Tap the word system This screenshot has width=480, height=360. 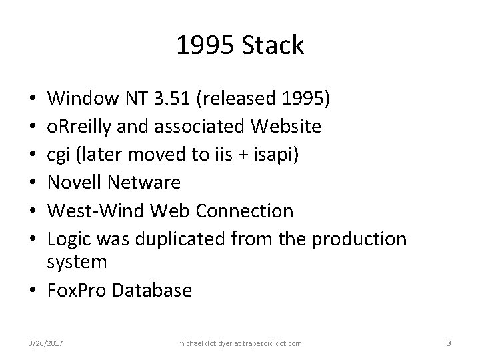(77, 262)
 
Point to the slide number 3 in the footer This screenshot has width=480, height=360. (449, 343)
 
